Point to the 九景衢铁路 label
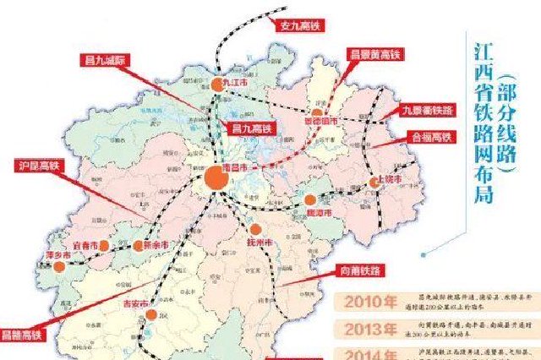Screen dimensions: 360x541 427,108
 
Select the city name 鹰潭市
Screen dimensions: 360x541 319,214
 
